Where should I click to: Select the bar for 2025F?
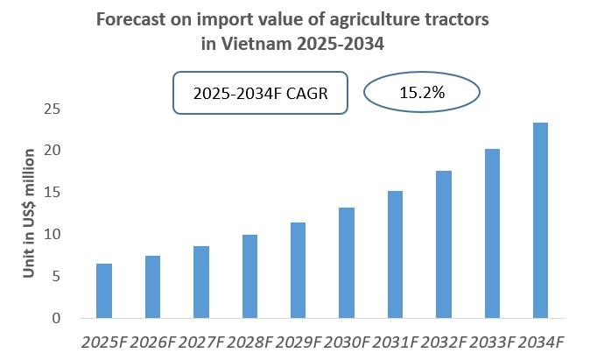click(104, 291)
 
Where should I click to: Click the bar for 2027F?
click(200, 282)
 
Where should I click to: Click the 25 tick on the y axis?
click(53, 109)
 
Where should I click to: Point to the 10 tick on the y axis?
click(53, 235)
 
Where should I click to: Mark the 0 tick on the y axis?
click(56, 318)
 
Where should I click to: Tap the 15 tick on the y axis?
click(53, 193)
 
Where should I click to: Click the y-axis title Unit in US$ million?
click(28, 213)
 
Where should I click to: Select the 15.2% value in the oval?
click(422, 92)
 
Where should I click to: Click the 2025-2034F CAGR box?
click(260, 93)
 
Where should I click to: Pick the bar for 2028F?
click(249, 276)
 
